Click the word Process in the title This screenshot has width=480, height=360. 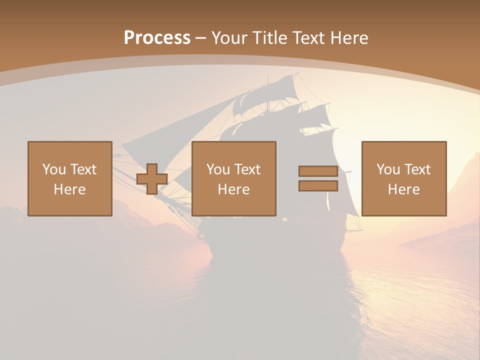coord(157,38)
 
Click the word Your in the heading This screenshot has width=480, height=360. coord(230,38)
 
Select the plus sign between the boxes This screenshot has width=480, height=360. coord(152,179)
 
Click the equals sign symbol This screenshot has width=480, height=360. coord(318,178)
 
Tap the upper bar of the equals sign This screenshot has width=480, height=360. coord(318,171)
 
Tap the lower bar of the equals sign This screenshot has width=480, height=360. coord(318,186)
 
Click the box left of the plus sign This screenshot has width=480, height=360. coord(69,178)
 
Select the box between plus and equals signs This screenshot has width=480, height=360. coord(233,178)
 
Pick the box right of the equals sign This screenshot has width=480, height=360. coord(403,178)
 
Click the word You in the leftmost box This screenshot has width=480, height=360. coord(53,169)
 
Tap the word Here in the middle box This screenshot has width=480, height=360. coord(233,189)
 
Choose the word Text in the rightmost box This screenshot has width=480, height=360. coord(417,169)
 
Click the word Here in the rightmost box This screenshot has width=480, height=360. coord(403,189)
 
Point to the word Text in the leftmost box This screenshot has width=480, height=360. coord(83,169)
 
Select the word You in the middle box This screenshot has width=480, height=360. coord(217,169)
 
